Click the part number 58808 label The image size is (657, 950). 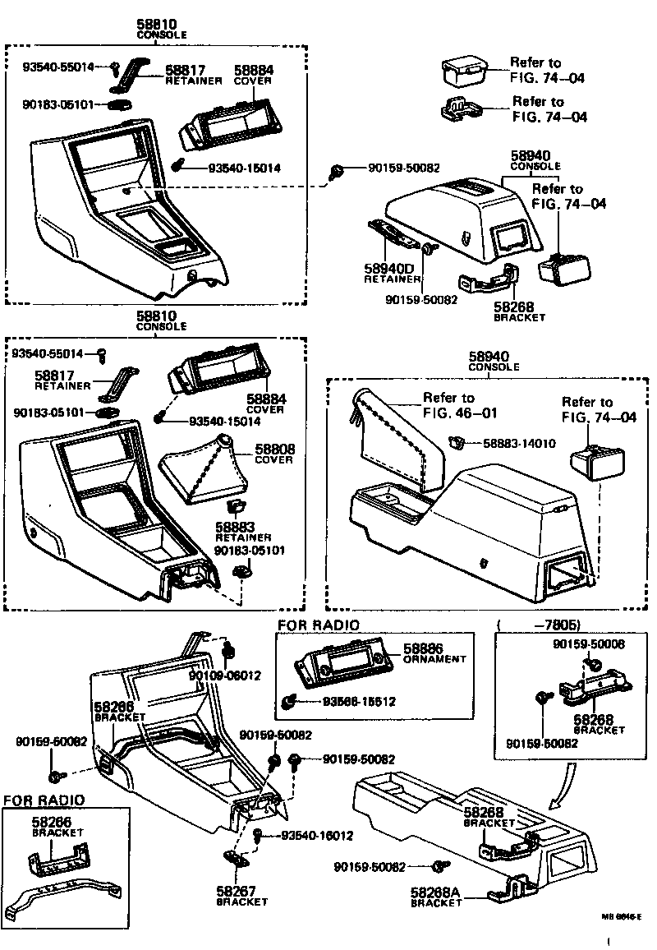coord(274,450)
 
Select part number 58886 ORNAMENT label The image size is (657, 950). coord(434,653)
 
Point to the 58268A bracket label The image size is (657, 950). coord(436,897)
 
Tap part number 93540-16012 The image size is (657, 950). coord(317,836)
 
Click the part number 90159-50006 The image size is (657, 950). coord(586,645)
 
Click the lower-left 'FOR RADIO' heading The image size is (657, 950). coord(44,800)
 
